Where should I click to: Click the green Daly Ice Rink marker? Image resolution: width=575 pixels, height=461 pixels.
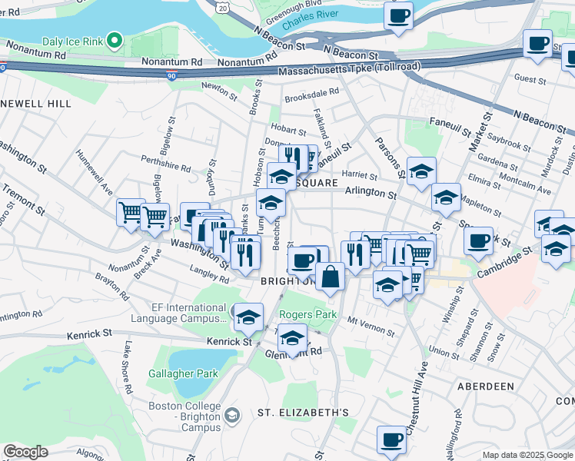pos(115,38)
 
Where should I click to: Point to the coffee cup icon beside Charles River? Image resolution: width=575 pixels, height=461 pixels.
pos(398,17)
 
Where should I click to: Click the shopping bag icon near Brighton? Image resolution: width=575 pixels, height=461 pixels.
pos(330,277)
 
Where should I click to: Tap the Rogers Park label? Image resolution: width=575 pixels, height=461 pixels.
pos(307,315)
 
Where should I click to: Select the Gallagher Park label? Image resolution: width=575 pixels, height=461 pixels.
pos(183,374)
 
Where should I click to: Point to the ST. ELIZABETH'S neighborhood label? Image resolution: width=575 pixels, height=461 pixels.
pos(303,413)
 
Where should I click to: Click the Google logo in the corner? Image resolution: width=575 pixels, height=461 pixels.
pos(25,452)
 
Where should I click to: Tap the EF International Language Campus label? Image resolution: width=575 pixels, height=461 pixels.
pos(188,315)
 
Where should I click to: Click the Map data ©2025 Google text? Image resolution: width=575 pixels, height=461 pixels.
pos(527,455)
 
